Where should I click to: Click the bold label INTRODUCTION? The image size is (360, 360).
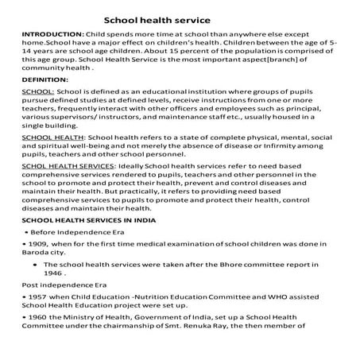click(52, 37)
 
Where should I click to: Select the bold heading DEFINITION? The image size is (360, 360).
click(45, 80)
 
